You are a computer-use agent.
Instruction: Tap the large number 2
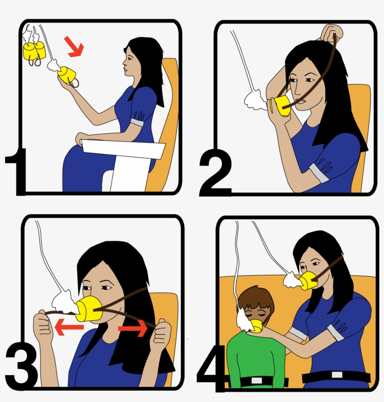coord(215,174)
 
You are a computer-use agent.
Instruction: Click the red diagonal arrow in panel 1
coord(74,47)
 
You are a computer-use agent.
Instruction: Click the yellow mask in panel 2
coord(282,106)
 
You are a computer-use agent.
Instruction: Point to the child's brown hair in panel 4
coord(256,299)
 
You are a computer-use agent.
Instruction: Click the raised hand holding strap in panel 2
coord(332,33)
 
